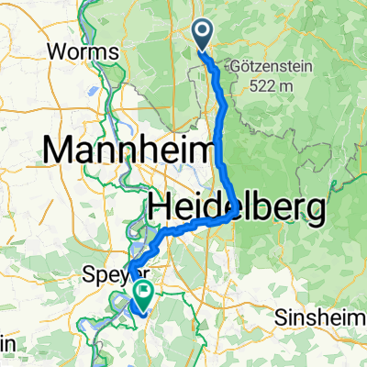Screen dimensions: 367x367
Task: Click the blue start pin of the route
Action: pos(204,35)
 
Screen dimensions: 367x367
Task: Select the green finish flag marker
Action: pos(144,294)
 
